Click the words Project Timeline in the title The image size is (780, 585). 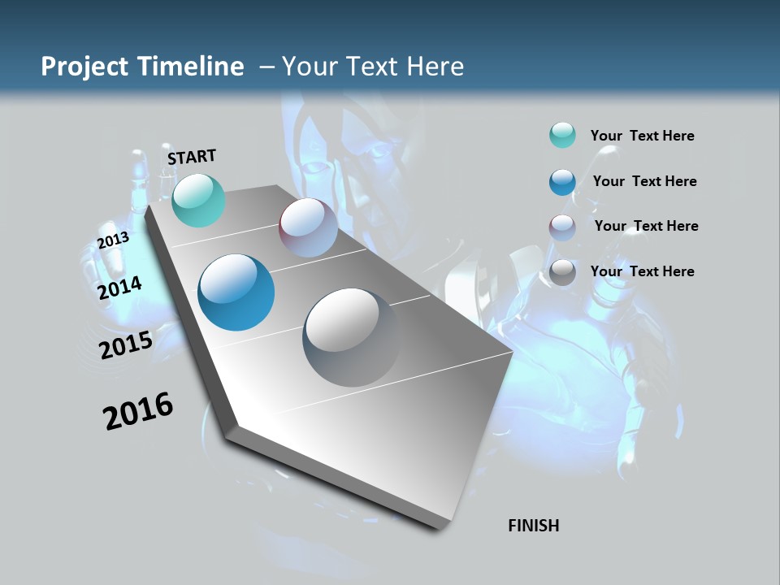tap(142, 67)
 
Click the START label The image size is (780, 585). tap(192, 157)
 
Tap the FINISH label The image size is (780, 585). tap(534, 526)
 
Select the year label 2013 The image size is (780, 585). tap(113, 240)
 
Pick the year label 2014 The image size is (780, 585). tap(120, 288)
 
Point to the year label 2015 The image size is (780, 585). tap(126, 344)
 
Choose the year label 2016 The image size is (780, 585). tap(138, 411)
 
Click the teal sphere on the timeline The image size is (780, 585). tap(198, 200)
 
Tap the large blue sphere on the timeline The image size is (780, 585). tap(236, 292)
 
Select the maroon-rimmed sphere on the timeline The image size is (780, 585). tap(308, 227)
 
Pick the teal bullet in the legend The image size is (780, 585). tap(562, 136)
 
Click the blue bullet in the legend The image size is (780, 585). tap(562, 181)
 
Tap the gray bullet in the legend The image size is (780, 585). tap(562, 272)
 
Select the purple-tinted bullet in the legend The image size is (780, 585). tap(562, 227)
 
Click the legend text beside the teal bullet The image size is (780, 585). tap(643, 136)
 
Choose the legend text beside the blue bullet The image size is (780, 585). tap(645, 181)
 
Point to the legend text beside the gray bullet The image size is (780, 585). tap(643, 271)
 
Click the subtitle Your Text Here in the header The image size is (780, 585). tap(372, 67)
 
